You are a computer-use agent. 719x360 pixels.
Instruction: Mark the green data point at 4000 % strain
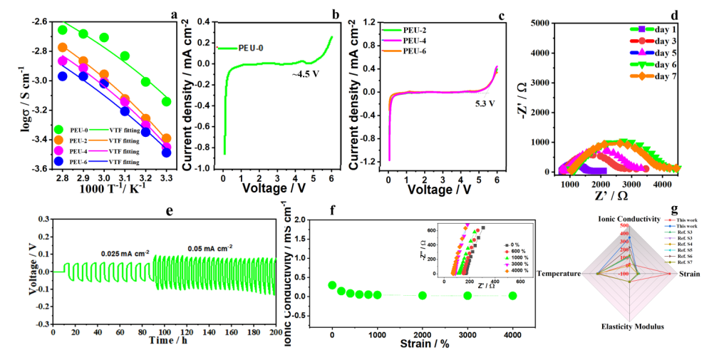pyautogui.click(x=512, y=295)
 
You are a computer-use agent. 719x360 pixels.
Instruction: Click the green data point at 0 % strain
pyautogui.click(x=332, y=285)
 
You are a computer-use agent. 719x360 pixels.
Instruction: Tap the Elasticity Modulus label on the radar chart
pyautogui.click(x=630, y=326)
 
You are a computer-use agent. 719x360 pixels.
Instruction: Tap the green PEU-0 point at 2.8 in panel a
pyautogui.click(x=63, y=30)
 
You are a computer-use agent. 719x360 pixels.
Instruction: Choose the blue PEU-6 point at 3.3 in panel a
pyautogui.click(x=166, y=153)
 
